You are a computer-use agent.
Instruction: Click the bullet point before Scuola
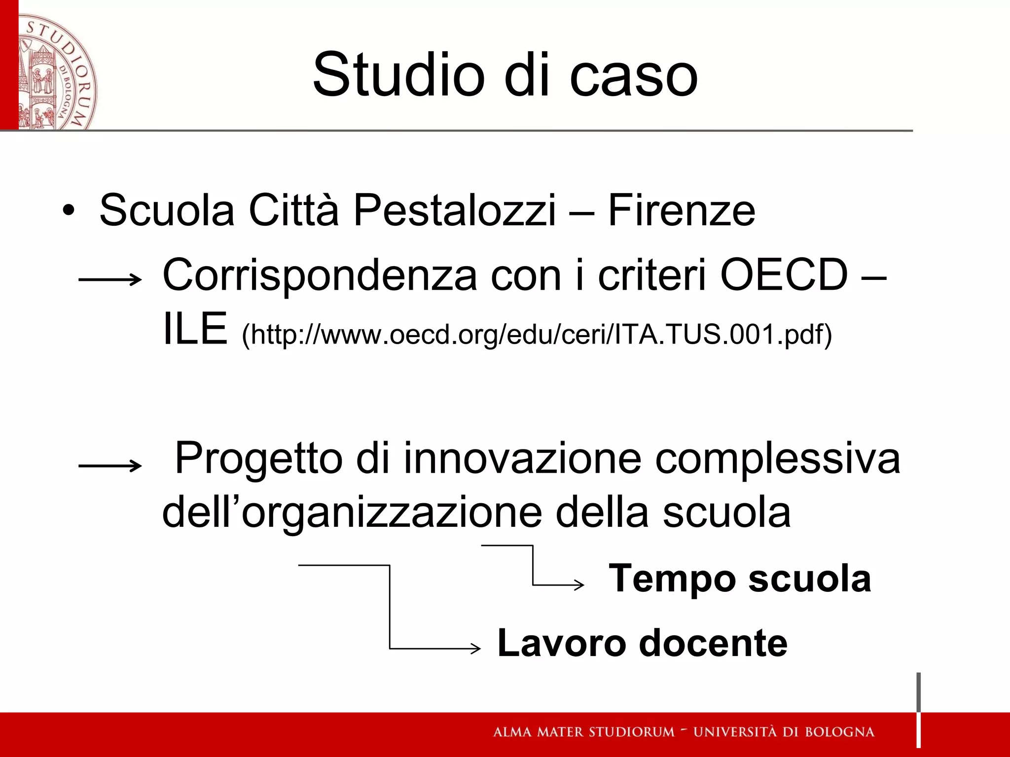click(x=69, y=211)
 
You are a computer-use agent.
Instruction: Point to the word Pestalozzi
click(x=454, y=211)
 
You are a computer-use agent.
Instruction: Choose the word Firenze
click(x=681, y=211)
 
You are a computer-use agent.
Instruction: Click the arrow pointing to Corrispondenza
click(x=110, y=280)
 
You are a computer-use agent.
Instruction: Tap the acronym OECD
click(x=784, y=275)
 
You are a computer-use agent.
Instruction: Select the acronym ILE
click(x=195, y=329)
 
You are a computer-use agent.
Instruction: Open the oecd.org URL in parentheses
click(x=537, y=335)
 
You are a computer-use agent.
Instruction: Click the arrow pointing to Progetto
click(x=110, y=465)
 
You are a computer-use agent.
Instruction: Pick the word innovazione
click(x=522, y=458)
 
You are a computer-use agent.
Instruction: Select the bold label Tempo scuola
click(x=740, y=578)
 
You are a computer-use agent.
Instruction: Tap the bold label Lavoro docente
click(x=642, y=643)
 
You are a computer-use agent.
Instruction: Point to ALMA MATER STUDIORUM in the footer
click(x=583, y=732)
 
